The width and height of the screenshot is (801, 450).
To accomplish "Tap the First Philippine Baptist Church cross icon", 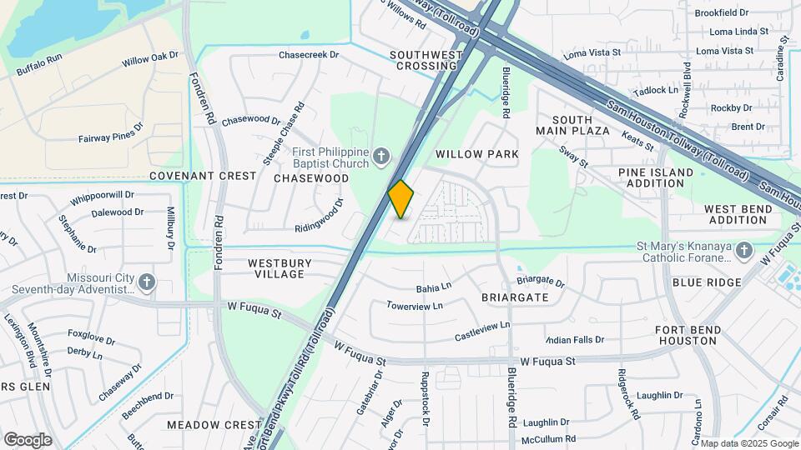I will (380, 156).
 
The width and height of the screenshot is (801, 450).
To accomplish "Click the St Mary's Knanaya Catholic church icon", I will (743, 250).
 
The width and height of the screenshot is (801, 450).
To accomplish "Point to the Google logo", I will (28, 439).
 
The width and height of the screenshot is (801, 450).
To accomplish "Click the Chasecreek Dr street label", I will (309, 55).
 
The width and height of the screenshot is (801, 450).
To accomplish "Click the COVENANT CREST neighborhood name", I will (202, 176).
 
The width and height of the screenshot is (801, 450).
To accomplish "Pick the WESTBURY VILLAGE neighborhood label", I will (280, 268).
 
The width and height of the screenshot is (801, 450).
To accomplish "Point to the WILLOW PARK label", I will (477, 154).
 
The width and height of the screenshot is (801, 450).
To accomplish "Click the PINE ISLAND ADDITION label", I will (656, 177).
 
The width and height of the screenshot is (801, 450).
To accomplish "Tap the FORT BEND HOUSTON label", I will (688, 336).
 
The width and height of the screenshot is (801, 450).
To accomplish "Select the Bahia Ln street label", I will (434, 287).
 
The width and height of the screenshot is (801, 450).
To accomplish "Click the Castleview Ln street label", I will (482, 331).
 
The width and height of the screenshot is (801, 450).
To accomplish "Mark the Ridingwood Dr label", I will (320, 216).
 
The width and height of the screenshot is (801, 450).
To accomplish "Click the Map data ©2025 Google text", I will (748, 443).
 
